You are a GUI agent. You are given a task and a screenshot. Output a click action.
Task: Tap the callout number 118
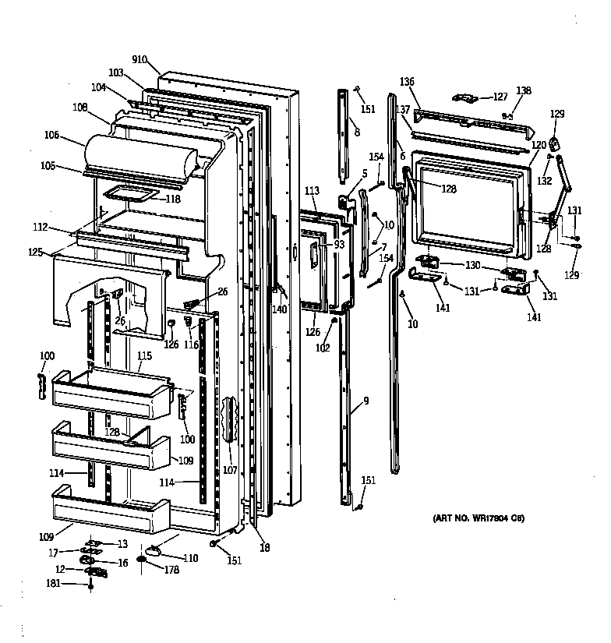coord(172,199)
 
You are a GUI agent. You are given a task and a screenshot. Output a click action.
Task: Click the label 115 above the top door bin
coord(144,356)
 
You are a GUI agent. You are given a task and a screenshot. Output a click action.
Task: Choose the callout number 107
coord(231,470)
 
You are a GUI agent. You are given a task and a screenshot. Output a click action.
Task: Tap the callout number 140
coord(279,309)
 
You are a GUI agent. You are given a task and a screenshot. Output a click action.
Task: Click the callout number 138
coord(523,91)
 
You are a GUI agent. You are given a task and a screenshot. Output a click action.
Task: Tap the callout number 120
coord(539,146)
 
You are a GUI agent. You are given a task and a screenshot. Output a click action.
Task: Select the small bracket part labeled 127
coord(467,98)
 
